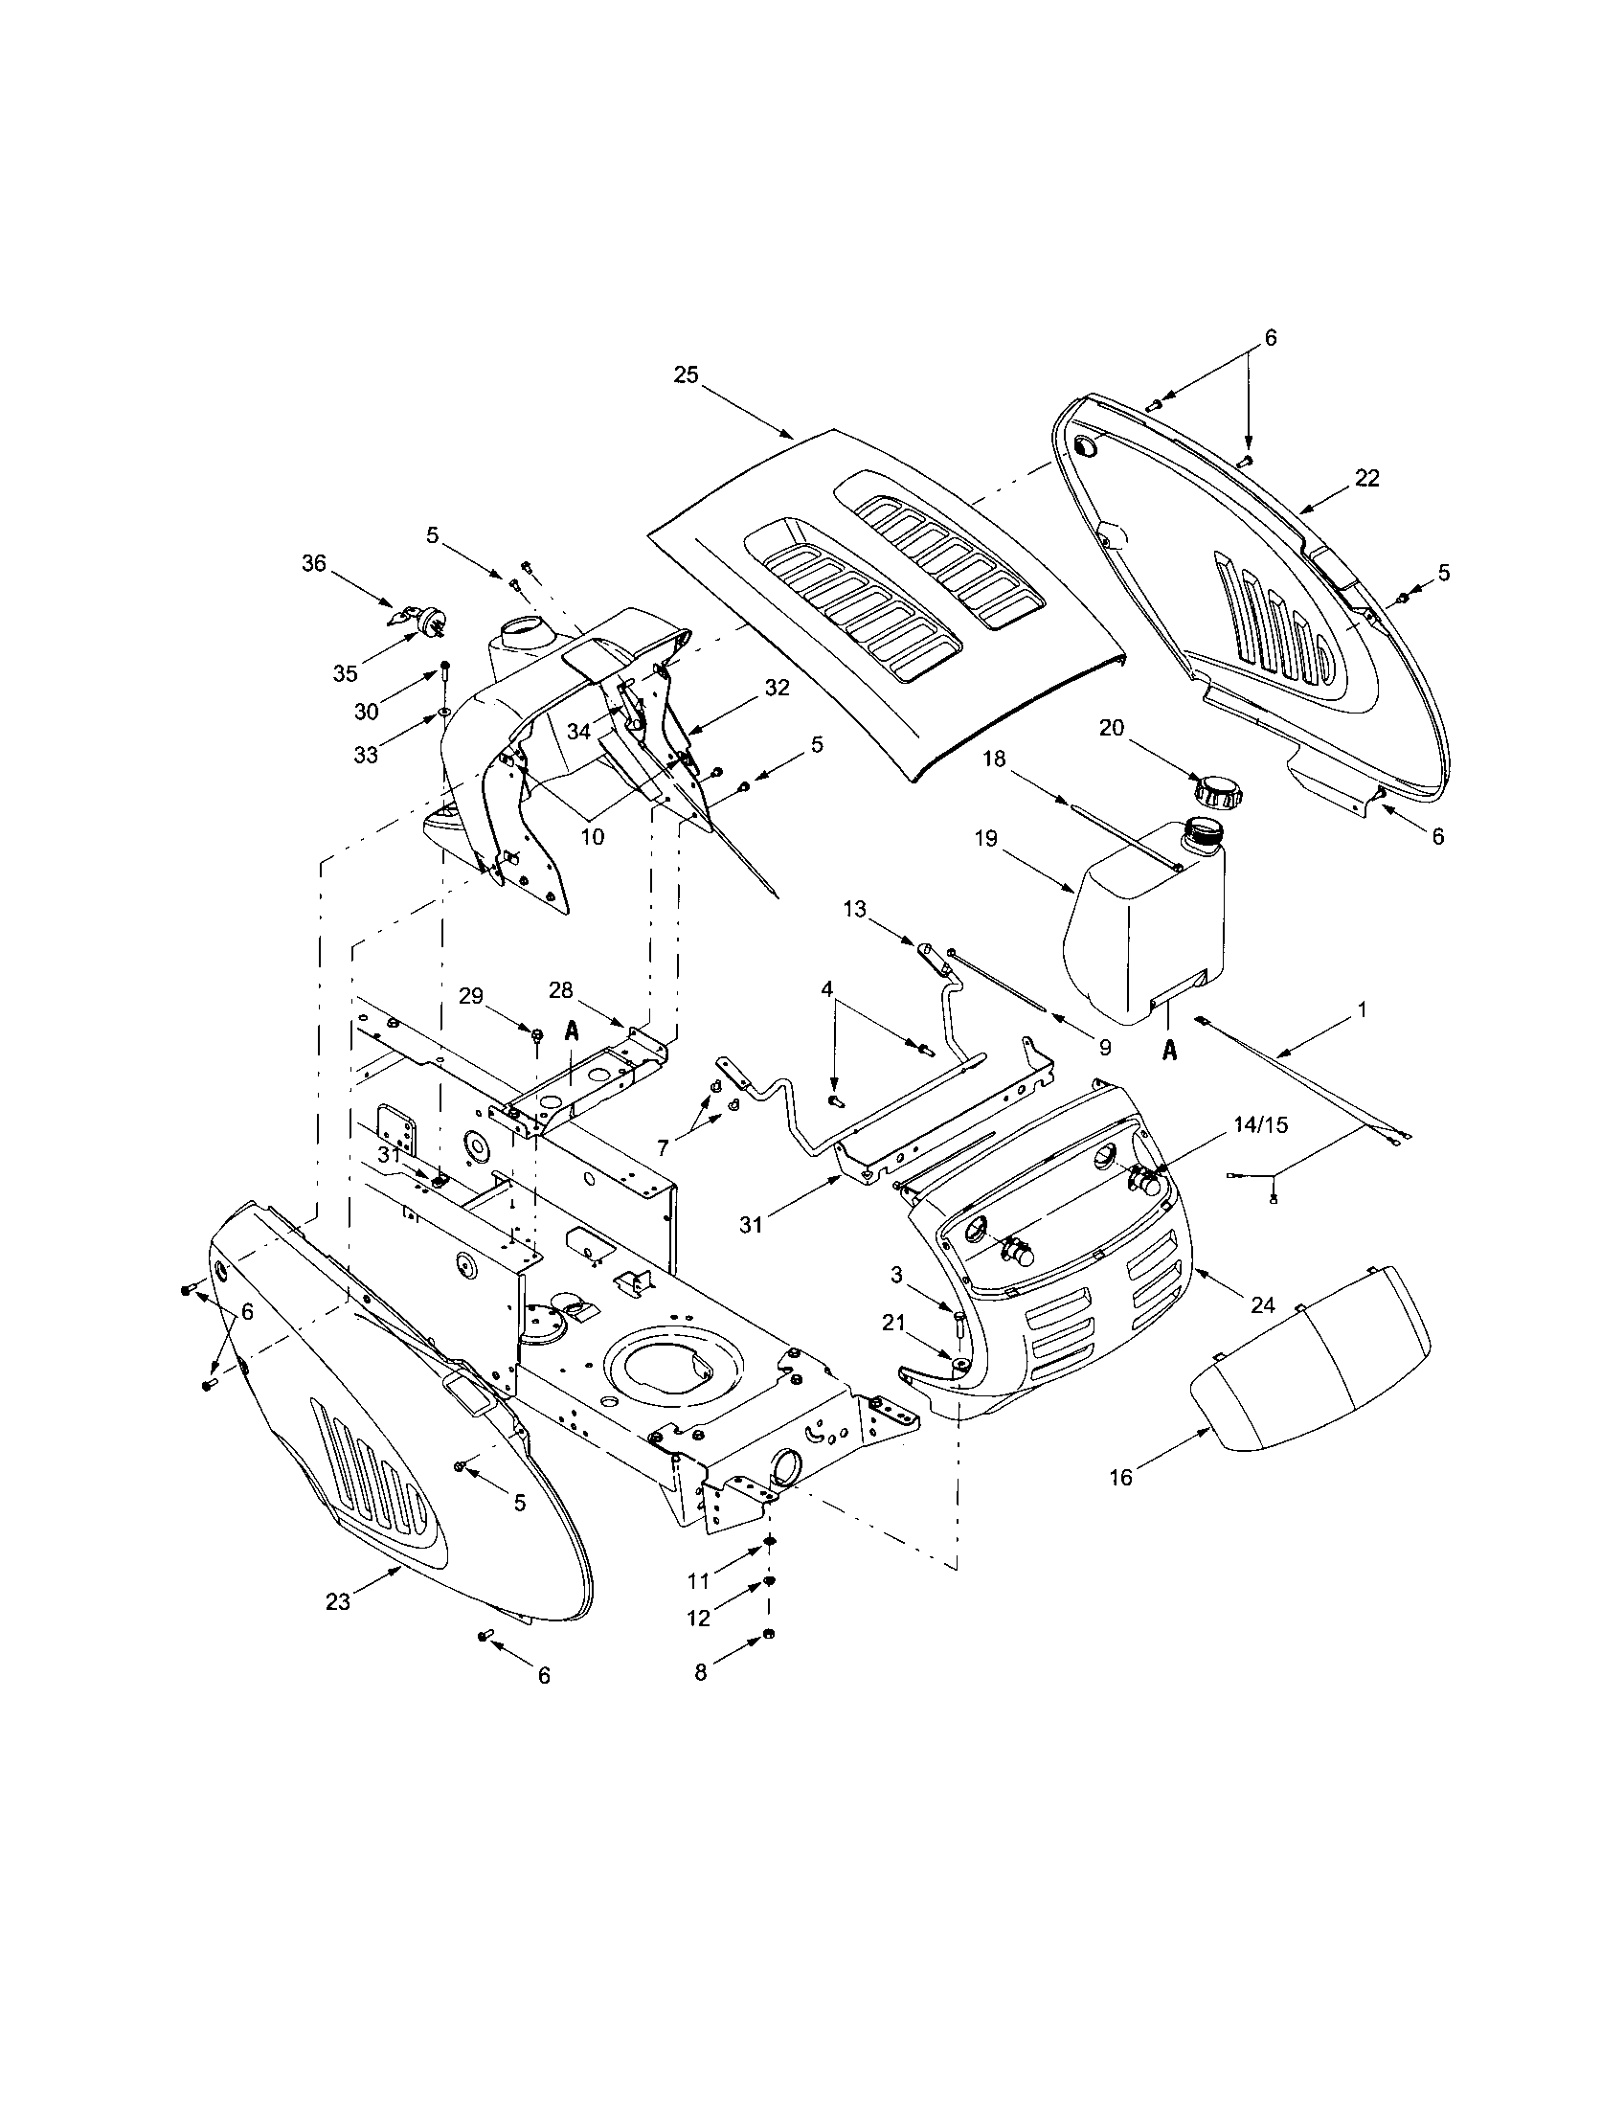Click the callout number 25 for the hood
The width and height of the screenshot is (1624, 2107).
pos(686,375)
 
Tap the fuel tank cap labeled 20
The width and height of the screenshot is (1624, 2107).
pos(1217,791)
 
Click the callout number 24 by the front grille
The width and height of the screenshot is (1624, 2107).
pos(1262,1305)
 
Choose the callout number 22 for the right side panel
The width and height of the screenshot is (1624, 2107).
pos(1366,478)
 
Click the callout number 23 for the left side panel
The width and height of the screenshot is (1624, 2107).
pos(337,1600)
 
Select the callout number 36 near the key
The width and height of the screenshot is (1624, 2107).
pos(314,562)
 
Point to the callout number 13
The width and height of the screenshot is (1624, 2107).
pos(854,909)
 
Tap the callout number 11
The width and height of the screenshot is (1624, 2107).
pos(698,1581)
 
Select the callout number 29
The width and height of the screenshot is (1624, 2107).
pos(470,997)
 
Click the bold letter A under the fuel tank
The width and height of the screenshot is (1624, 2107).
pos(1170,1051)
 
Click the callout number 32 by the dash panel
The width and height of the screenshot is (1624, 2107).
pos(777,688)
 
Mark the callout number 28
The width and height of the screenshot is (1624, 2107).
pos(561,991)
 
